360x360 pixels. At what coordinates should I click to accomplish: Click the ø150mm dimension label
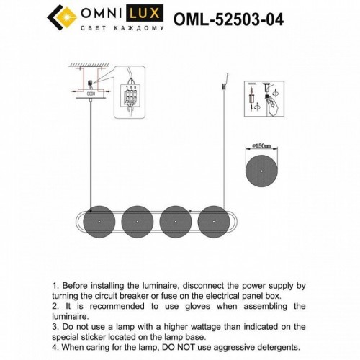coord(259,145)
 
